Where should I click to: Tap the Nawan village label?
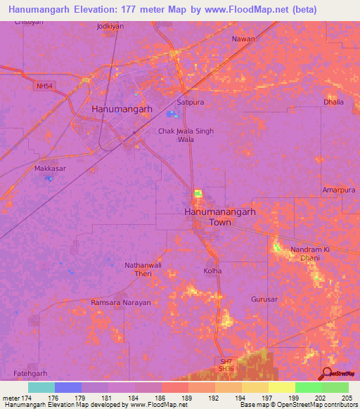coord(243,39)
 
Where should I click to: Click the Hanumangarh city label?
coord(122,110)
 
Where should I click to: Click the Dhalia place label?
coord(334,102)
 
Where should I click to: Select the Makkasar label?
coord(49,169)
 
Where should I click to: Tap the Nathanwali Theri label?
coord(129,269)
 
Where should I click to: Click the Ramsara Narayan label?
coord(121,302)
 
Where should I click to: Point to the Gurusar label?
coord(264,299)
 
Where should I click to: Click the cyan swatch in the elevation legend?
coord(41,387)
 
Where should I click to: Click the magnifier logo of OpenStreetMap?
coord(326,373)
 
